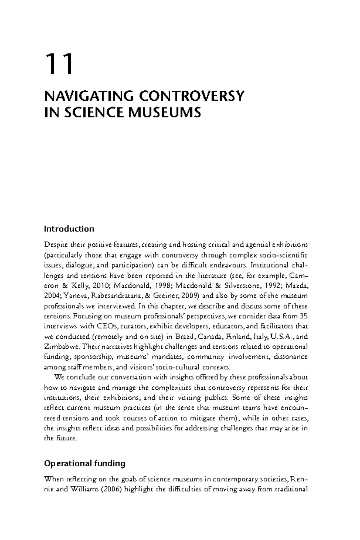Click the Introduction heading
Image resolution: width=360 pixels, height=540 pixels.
pyautogui.click(x=69, y=229)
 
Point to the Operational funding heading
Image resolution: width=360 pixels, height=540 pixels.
pyautogui.click(x=85, y=463)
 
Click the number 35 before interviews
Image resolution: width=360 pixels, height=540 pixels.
pyautogui.click(x=303, y=316)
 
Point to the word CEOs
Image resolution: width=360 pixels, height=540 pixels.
pyautogui.click(x=105, y=326)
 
